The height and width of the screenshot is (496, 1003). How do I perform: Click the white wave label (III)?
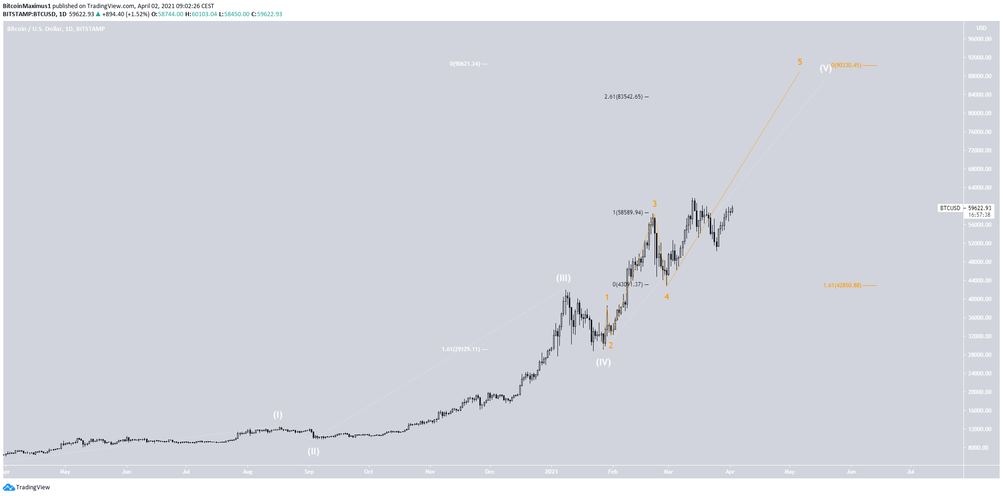point(563,278)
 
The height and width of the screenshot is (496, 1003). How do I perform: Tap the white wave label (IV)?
point(603,362)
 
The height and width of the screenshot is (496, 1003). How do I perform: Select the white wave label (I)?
point(278,415)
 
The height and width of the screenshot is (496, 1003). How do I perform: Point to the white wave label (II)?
point(313,451)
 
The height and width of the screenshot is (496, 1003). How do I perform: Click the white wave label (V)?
point(825,68)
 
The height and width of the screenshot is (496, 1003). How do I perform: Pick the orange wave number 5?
point(800,62)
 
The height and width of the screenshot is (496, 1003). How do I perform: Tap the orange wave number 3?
point(655,204)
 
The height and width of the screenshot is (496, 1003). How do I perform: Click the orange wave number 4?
point(666,297)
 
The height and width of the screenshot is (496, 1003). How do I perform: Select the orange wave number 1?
point(607,297)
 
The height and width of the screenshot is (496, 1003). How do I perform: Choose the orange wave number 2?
point(611,345)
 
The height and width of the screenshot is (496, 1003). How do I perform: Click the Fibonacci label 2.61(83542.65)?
point(624,97)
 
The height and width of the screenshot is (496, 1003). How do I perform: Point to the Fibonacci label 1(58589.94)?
point(627,213)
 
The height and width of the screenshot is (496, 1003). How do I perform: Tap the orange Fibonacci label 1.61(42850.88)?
point(842,285)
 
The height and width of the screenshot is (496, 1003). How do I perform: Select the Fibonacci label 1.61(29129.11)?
point(461,349)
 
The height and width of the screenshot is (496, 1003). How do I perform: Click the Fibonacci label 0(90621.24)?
point(465,64)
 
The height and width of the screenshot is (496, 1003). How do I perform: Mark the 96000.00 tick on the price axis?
point(980,39)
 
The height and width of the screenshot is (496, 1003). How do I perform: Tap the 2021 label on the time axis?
point(551,472)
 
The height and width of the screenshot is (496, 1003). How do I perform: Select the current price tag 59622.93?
point(980,208)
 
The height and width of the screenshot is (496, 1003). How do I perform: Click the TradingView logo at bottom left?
point(27,487)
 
